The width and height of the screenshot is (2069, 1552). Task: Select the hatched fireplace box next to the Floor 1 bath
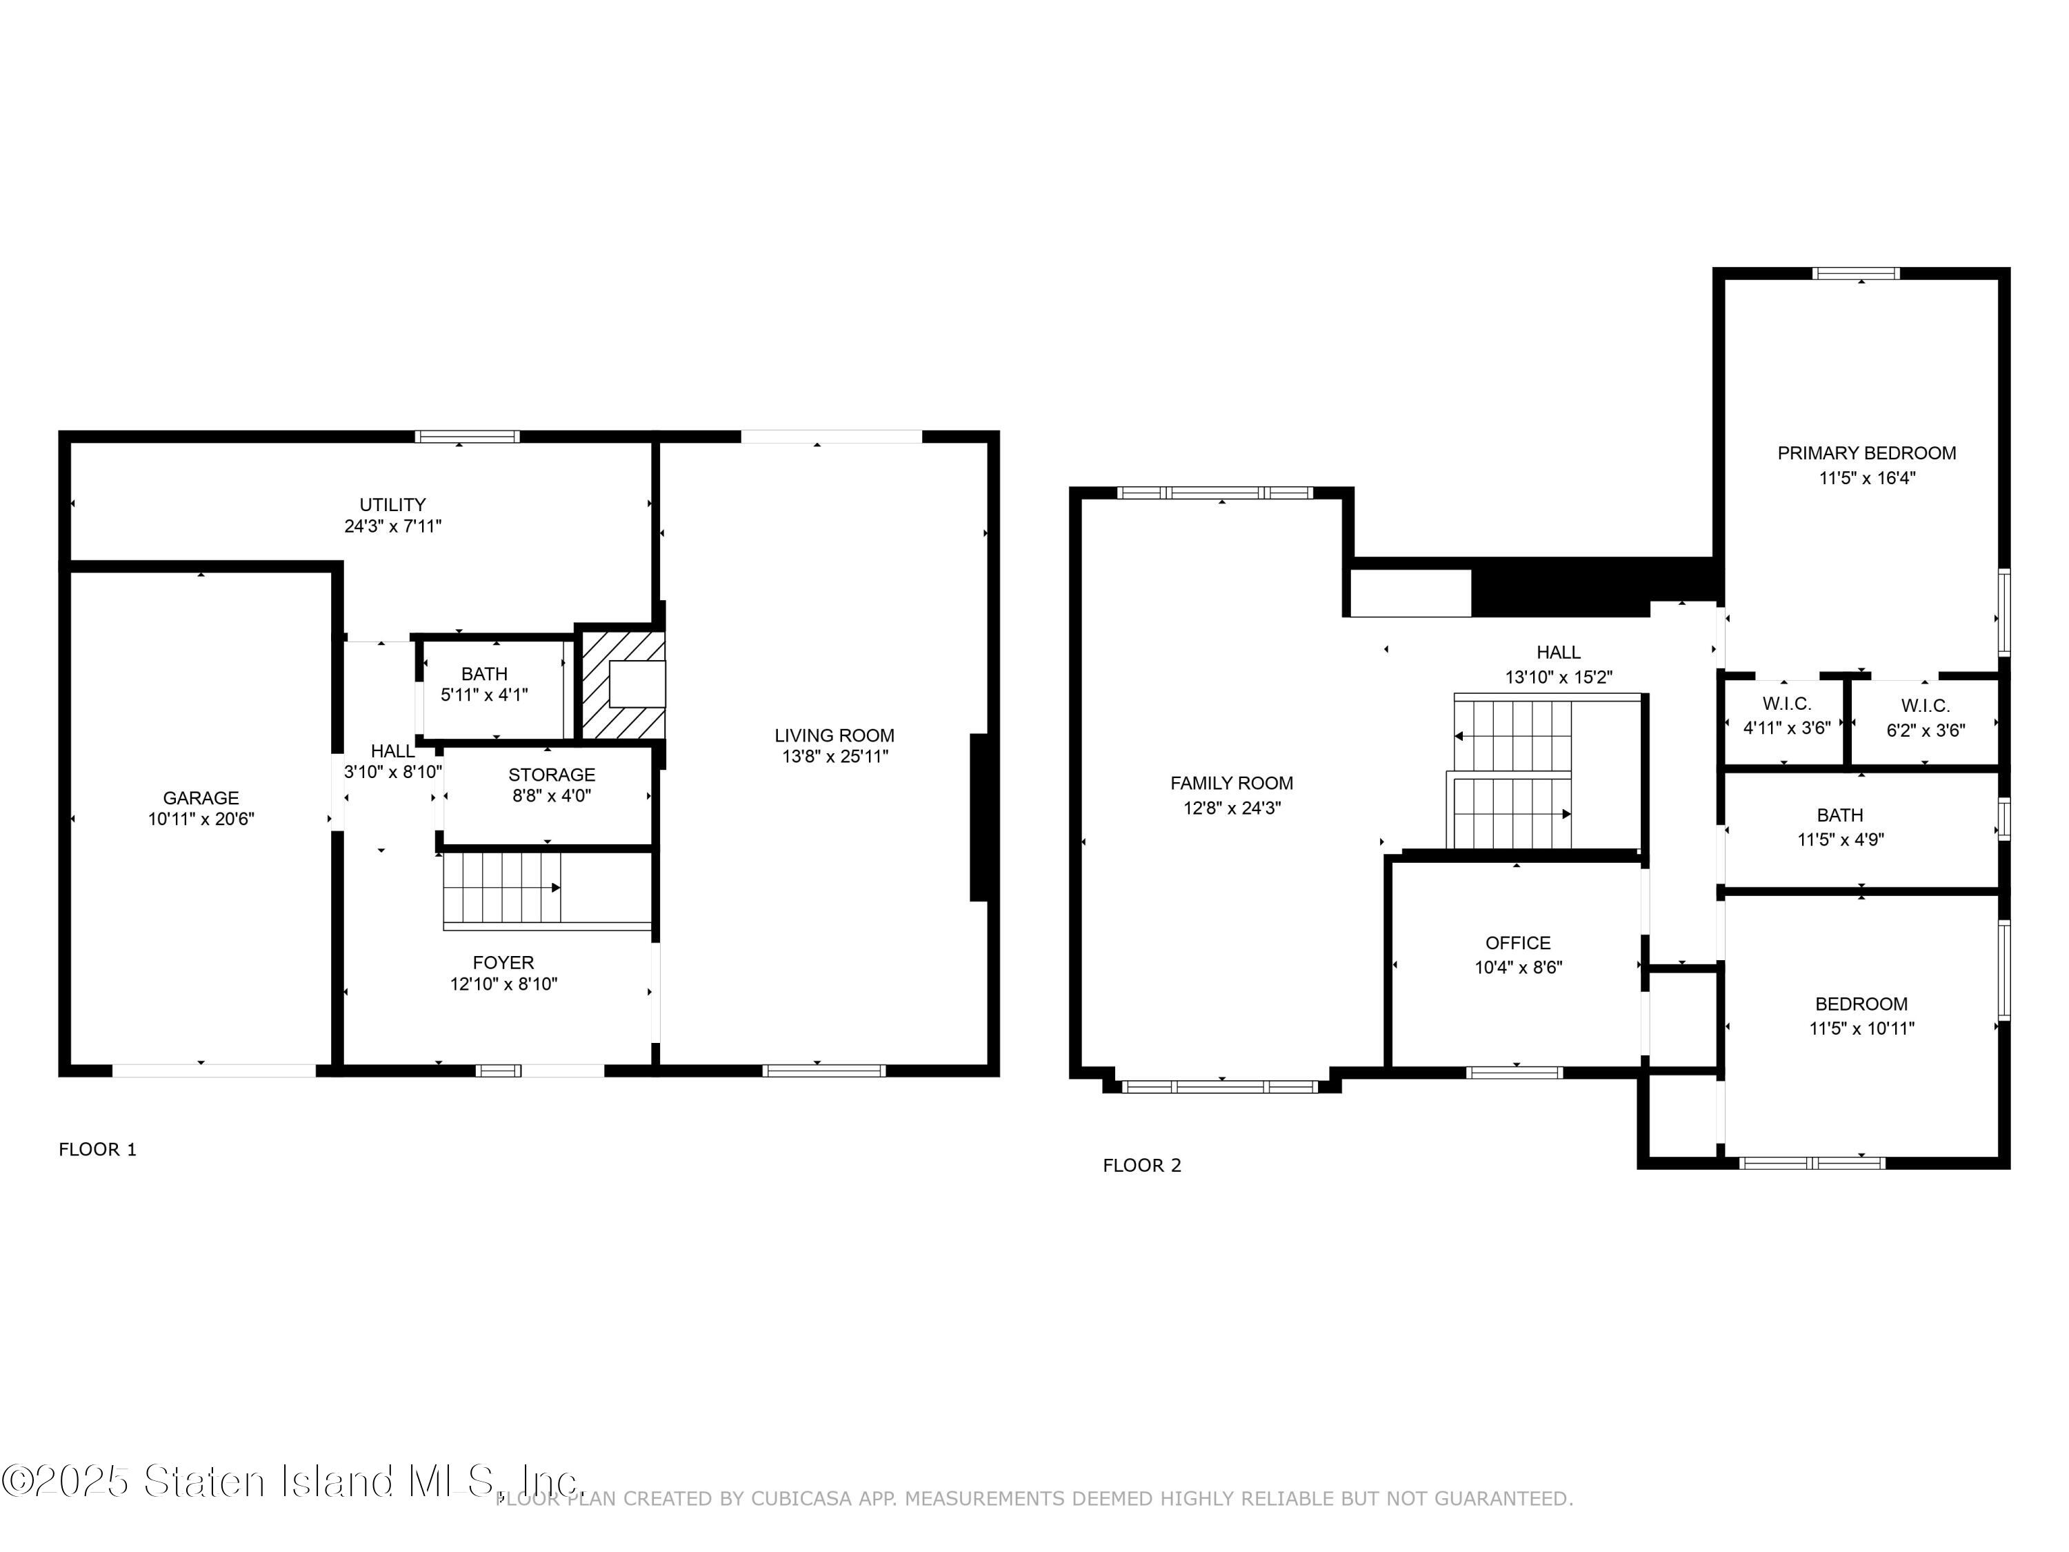click(622, 685)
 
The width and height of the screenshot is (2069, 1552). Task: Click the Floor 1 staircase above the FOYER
click(502, 888)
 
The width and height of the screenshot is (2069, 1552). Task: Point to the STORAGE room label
click(551, 775)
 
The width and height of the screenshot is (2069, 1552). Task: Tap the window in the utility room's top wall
click(467, 436)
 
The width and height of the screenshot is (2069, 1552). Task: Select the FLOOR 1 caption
click(97, 1150)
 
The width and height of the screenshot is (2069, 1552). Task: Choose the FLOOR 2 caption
click(1141, 1166)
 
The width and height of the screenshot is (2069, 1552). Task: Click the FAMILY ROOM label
click(1231, 783)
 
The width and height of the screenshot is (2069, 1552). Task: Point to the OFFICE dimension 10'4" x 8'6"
click(1518, 968)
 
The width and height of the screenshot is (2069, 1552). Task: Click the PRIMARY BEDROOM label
click(1866, 452)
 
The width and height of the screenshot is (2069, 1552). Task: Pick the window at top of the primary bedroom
click(1856, 273)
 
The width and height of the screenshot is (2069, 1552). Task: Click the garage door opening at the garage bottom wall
click(214, 1071)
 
